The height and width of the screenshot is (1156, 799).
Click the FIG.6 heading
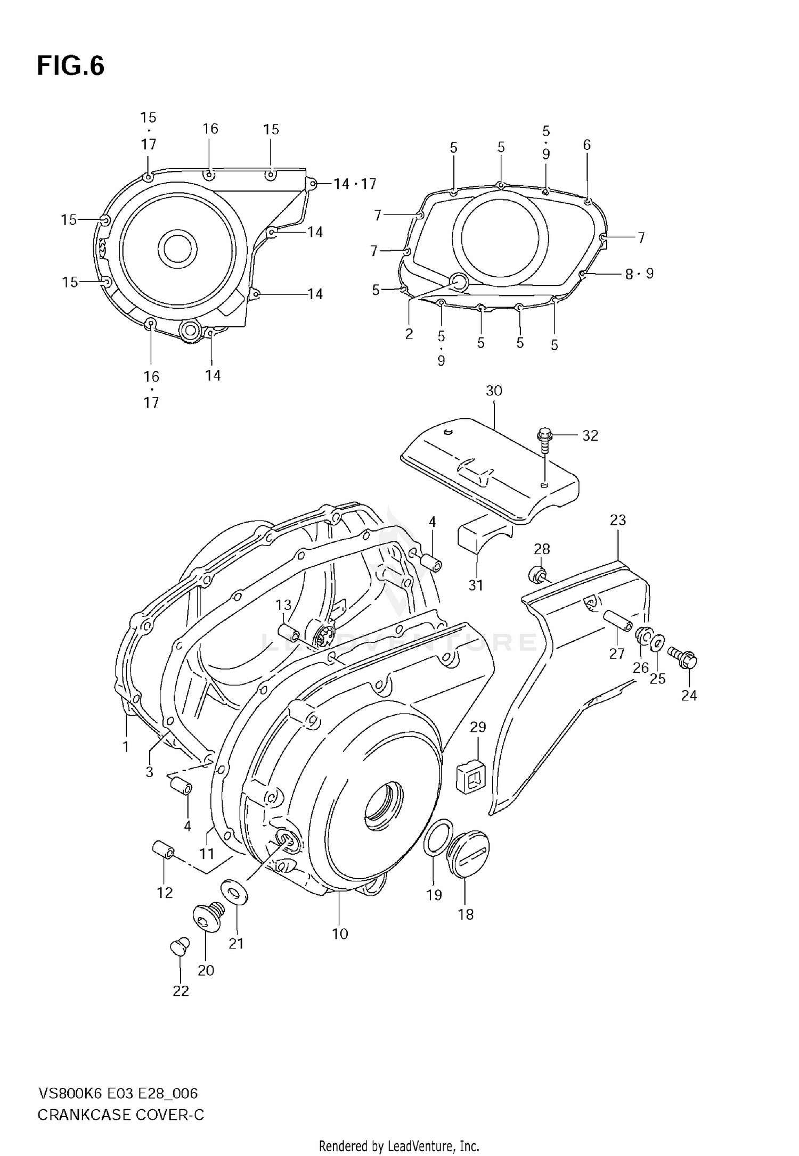pyautogui.click(x=70, y=67)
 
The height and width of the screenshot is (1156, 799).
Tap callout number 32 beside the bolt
pyautogui.click(x=590, y=436)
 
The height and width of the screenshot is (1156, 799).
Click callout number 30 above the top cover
pyautogui.click(x=494, y=391)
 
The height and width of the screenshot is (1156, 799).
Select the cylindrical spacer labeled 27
pyautogui.click(x=618, y=622)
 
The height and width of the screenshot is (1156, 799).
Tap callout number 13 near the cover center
pyautogui.click(x=283, y=605)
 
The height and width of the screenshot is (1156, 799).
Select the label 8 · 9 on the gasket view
pyautogui.click(x=639, y=274)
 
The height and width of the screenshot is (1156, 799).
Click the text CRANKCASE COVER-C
pyautogui.click(x=121, y=1114)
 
